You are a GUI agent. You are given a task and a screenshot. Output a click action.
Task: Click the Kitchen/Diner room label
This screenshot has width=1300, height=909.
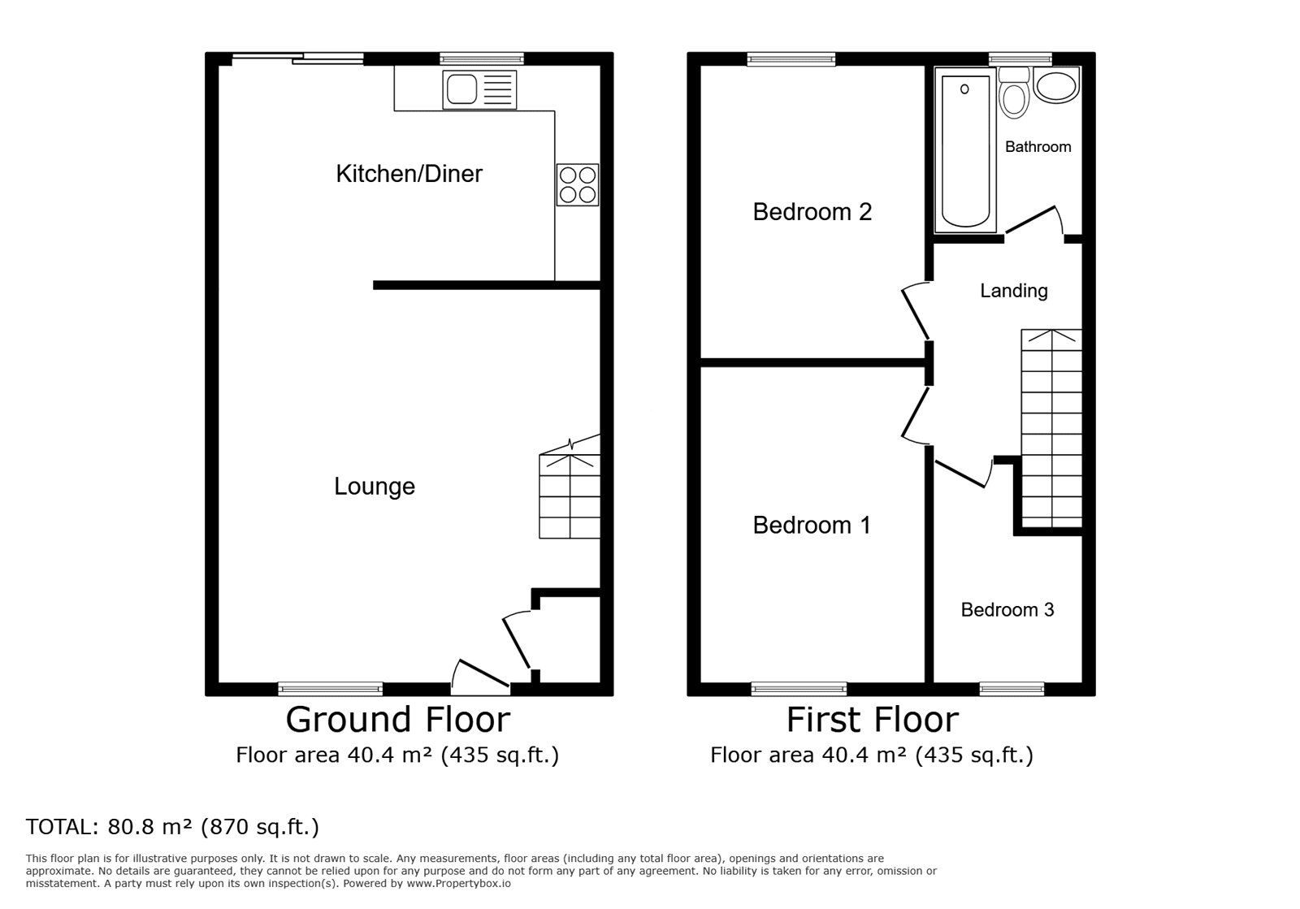click(409, 174)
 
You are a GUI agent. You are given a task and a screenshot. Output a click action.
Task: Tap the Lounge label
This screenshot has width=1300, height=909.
click(375, 486)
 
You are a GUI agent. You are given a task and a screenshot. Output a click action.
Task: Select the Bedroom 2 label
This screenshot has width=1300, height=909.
click(812, 212)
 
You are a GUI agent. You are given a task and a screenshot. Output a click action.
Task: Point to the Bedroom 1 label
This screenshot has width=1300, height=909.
click(812, 525)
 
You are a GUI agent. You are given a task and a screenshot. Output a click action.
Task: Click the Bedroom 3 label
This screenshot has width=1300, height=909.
click(1007, 610)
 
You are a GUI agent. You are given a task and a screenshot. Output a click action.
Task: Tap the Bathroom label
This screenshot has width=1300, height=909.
click(1038, 147)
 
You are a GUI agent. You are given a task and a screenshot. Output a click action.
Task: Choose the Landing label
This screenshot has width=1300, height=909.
click(1014, 291)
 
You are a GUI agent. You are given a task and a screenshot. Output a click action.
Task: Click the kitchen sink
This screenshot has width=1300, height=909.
click(479, 90)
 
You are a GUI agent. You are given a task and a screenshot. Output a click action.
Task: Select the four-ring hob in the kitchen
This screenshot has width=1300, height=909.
click(578, 184)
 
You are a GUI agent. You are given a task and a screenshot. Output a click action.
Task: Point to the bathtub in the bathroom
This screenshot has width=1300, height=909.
click(964, 151)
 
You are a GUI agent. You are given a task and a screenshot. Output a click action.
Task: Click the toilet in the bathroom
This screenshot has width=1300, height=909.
click(1015, 93)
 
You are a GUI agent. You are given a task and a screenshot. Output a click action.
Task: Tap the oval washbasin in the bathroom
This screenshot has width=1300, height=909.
click(1056, 86)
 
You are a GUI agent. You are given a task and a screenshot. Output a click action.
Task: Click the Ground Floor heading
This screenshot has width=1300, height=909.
click(397, 720)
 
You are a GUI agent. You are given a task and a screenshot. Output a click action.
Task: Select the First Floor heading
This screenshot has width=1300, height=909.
click(873, 720)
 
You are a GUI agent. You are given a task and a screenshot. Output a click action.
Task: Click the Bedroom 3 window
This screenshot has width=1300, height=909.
click(1012, 689)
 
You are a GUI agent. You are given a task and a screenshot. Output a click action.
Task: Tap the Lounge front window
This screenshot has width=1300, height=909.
click(330, 689)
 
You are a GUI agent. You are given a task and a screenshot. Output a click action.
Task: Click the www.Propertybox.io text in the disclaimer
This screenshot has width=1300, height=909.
click(458, 884)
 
